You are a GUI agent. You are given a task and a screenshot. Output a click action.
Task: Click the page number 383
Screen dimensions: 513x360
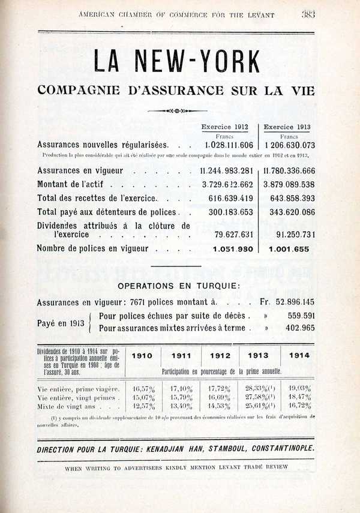(x=308, y=14)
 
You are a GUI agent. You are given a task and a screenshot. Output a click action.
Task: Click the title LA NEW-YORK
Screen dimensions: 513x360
(x=176, y=62)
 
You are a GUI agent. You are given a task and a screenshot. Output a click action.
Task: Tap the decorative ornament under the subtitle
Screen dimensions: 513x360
(x=176, y=111)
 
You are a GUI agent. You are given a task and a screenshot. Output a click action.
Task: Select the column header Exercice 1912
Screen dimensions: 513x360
(x=224, y=127)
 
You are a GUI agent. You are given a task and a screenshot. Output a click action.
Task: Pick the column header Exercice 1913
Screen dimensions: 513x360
(x=287, y=127)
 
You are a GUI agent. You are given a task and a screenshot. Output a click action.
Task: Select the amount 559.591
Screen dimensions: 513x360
(x=301, y=316)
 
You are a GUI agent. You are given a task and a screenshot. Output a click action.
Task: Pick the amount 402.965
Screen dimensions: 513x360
(x=301, y=328)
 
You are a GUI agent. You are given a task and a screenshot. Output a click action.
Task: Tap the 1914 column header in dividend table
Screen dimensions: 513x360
(x=299, y=355)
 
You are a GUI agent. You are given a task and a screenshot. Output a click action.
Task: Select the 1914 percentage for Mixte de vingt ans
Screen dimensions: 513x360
(x=299, y=406)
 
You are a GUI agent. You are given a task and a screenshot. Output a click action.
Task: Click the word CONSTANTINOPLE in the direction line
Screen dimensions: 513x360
(x=277, y=449)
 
